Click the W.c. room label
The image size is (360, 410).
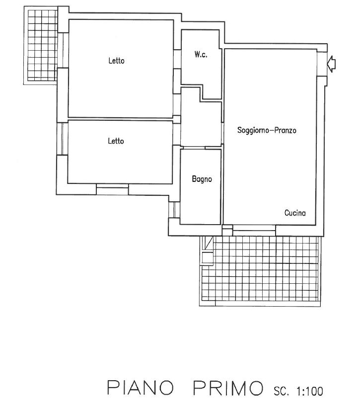coord(201,55)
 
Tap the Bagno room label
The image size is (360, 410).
coord(202,179)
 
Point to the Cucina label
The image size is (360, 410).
coord(295,213)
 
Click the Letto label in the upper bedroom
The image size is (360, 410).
coord(117,61)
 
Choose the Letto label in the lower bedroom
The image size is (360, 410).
coord(116,141)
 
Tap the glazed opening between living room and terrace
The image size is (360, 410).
coord(254,228)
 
